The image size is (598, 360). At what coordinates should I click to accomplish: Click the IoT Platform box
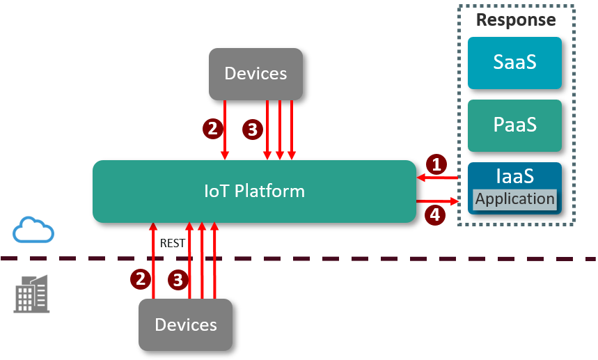tap(254, 191)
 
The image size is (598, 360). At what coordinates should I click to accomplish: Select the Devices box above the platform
tap(255, 73)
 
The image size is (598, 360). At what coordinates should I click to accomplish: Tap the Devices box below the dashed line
tap(185, 324)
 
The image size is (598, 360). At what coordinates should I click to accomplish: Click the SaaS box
tap(514, 63)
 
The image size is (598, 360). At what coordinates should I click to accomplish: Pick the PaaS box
tap(514, 125)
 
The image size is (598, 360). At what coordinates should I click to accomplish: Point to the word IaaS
tap(514, 175)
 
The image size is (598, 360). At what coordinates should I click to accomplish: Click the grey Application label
tap(515, 199)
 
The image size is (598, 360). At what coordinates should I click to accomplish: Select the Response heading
tap(516, 20)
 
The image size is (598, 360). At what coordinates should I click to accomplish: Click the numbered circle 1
tap(436, 164)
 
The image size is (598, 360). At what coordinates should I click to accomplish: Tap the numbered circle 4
tap(435, 214)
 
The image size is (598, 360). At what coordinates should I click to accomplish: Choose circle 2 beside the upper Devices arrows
tap(212, 128)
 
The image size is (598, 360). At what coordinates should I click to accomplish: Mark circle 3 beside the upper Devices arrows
tap(252, 130)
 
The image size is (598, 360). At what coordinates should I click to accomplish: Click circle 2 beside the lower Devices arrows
tap(141, 279)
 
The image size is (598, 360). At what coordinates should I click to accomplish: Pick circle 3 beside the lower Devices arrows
tap(178, 280)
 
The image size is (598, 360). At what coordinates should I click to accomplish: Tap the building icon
tap(32, 293)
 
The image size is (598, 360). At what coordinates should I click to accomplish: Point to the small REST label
tap(171, 243)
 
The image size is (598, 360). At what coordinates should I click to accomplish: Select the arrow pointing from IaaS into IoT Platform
tap(439, 179)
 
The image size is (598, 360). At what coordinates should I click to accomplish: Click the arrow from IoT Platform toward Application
tap(439, 202)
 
